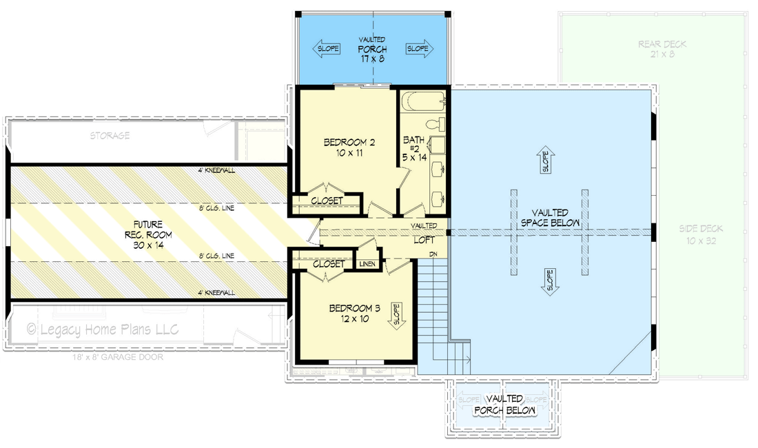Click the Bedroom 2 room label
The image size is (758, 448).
tap(349, 147)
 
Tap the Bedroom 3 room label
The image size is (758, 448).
tap(354, 313)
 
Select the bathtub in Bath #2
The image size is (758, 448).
tap(423, 103)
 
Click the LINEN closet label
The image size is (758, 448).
tap(367, 264)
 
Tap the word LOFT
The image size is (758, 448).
tap(424, 241)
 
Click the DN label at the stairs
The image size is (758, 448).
tap(433, 254)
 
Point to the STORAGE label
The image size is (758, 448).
tap(110, 136)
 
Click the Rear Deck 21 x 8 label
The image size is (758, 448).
tap(662, 49)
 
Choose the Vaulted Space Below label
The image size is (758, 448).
tap(550, 218)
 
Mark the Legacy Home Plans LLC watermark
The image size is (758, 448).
tap(103, 329)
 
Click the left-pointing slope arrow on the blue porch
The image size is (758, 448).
tap(327, 49)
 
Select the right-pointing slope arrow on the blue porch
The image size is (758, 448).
tap(418, 49)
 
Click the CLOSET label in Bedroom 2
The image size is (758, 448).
tap(327, 201)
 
